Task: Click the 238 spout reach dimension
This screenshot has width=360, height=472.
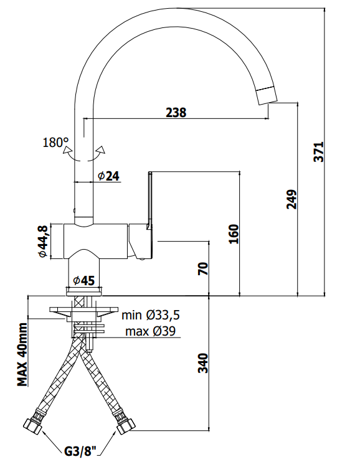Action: click(176, 112)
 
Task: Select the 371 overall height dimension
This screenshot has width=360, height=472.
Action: click(319, 152)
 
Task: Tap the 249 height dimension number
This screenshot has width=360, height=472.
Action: click(291, 199)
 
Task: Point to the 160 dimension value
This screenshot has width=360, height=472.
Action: click(234, 234)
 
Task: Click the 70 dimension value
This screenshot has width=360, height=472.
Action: click(203, 268)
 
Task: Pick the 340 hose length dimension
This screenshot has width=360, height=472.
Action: click(203, 363)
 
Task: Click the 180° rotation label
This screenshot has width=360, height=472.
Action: click(55, 143)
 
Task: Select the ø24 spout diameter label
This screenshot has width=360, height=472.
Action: click(108, 176)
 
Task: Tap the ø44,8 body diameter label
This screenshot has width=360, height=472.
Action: click(43, 242)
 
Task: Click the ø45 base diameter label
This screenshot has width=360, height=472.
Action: click(84, 281)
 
